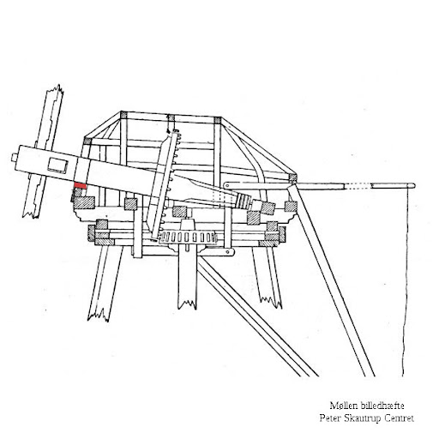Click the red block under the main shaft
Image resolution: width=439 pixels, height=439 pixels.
click(x=81, y=186)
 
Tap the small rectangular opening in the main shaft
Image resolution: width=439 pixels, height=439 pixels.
click(x=57, y=165)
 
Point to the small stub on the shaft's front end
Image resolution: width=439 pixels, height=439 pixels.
click(x=15, y=158)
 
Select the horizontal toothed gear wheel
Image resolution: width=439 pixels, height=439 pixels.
click(x=188, y=238)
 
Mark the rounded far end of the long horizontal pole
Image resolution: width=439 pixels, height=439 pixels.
click(x=413, y=185)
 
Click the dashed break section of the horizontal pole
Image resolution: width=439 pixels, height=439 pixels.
click(x=358, y=186)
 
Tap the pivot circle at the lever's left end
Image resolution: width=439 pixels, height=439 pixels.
click(x=227, y=185)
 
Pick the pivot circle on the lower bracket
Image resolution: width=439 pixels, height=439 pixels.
click(x=228, y=252)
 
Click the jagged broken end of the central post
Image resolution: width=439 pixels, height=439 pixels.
click(x=187, y=304)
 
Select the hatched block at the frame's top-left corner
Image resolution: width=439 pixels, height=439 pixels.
click(x=124, y=115)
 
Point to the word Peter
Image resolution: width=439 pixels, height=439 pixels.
click(x=330, y=418)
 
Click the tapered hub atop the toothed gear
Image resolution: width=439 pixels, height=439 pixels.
click(x=188, y=226)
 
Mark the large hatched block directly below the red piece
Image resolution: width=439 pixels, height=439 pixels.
click(x=85, y=202)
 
